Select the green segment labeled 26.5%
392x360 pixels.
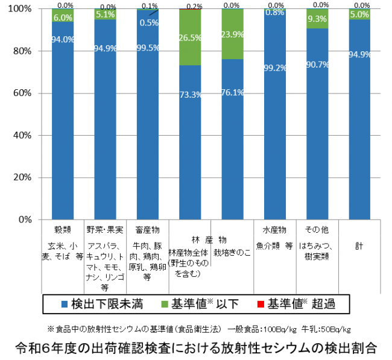click(x=189, y=37)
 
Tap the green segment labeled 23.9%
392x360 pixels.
click(x=232, y=34)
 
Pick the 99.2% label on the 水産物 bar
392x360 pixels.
click(x=274, y=68)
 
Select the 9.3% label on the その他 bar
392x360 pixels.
click(x=317, y=19)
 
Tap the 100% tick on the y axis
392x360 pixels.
click(x=23, y=9)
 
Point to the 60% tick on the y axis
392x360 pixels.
click(x=25, y=93)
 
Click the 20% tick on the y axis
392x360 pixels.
click(x=25, y=178)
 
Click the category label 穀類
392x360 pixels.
click(x=63, y=230)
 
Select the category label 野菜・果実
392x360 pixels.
click(x=106, y=230)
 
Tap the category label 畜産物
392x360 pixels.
click(x=147, y=230)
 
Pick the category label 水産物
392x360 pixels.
click(x=274, y=230)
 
